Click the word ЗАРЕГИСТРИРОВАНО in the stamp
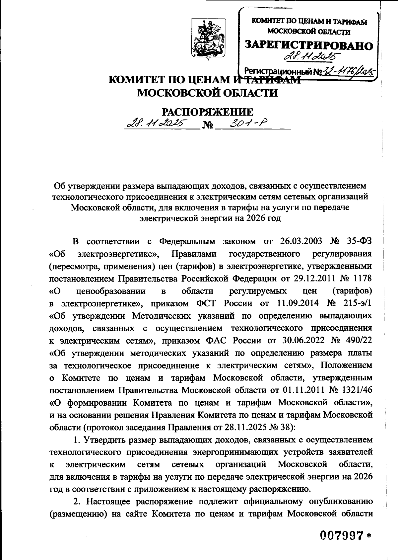(309, 45)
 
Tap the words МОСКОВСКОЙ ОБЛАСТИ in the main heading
(207, 93)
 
